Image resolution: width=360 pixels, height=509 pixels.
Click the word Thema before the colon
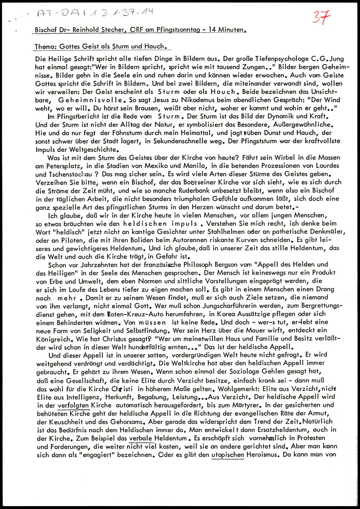(x=45, y=46)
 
